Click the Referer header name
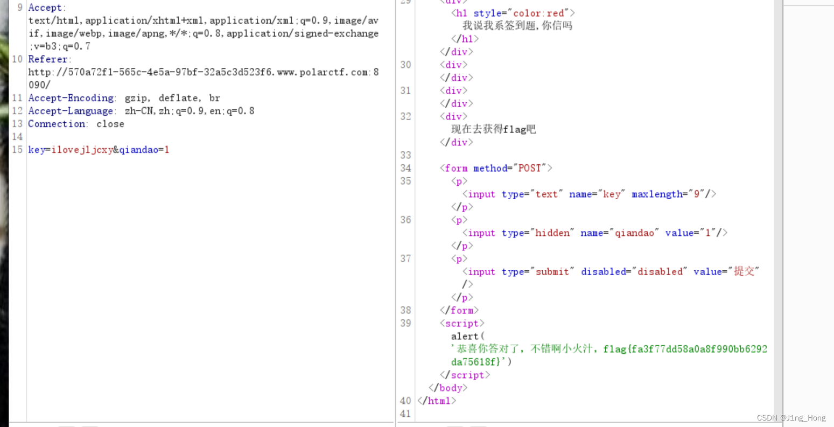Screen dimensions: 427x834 48,59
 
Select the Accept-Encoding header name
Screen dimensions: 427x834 71,98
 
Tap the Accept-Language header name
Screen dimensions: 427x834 71,111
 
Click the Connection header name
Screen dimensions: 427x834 57,124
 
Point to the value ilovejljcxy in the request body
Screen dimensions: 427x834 82,150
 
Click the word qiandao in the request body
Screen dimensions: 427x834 138,150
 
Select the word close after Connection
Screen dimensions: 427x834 110,124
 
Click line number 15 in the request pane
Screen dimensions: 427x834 17,150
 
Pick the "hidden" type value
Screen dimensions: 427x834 552,233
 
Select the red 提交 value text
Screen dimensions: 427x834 744,271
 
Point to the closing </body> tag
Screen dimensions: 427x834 448,388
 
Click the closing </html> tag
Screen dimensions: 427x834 437,401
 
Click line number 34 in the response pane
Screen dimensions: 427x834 405,168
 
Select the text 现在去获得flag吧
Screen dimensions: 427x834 493,129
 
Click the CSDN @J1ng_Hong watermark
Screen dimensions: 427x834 791,418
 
